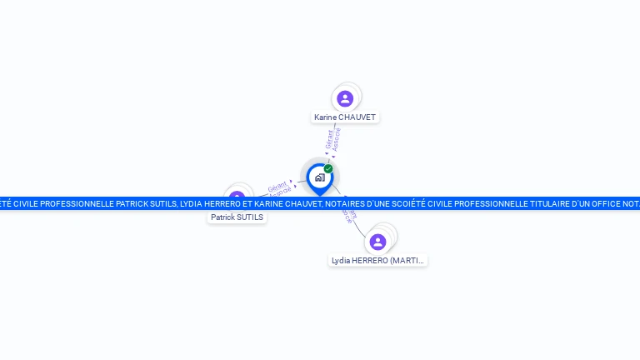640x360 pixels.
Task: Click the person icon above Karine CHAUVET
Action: click(345, 98)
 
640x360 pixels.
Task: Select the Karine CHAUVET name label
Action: click(345, 117)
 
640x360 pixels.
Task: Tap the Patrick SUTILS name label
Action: click(237, 217)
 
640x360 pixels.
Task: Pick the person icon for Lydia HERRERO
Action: click(377, 242)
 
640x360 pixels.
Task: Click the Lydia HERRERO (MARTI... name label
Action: click(377, 261)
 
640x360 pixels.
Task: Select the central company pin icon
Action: click(319, 177)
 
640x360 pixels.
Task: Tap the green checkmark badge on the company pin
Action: click(328, 168)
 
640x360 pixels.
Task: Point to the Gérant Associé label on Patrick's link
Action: click(279, 187)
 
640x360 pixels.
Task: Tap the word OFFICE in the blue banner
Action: click(617, 203)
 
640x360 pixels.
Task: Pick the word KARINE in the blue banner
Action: click(270, 203)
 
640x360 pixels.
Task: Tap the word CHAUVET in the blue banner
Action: click(304, 203)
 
